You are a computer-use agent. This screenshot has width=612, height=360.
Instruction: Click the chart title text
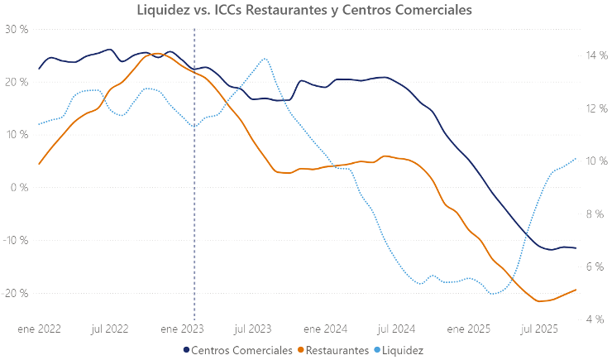pos(306,10)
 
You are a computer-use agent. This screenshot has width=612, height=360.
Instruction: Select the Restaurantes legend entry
pos(337,351)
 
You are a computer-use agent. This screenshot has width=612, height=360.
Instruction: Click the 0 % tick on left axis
pos(19,187)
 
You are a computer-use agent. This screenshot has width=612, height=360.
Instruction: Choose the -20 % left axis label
pos(15,293)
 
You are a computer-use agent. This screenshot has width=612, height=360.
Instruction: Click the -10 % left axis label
pos(15,240)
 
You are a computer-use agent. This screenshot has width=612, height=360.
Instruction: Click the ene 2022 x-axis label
pos(39,329)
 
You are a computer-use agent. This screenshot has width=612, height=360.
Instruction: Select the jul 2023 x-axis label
pos(253,329)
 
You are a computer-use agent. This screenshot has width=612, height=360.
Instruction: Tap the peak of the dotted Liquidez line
pos(265,59)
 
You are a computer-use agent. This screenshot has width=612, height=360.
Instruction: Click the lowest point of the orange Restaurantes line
pos(540,301)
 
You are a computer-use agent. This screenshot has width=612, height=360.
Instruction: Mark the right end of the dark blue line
pos(576,248)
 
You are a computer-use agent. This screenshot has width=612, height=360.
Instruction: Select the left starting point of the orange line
pos(39,164)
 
